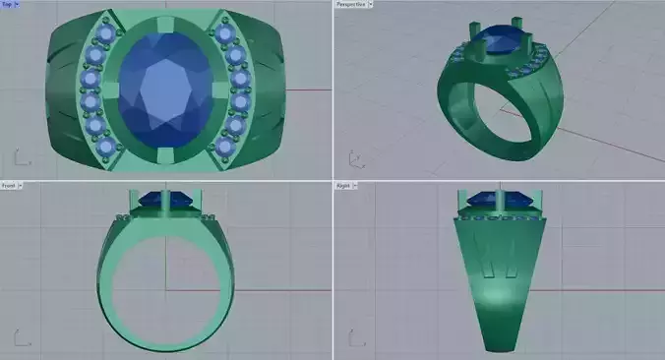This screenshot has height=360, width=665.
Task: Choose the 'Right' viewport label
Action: [x=346, y=184]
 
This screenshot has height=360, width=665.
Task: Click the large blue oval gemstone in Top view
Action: [x=164, y=90]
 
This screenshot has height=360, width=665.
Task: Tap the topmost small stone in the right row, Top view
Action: [x=227, y=34]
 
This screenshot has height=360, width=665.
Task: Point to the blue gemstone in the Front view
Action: [x=164, y=201]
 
